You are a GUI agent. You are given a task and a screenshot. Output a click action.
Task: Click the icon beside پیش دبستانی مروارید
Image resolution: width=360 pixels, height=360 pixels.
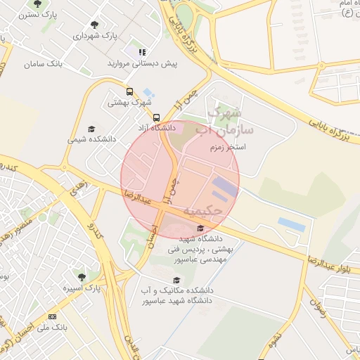click(x=142, y=52)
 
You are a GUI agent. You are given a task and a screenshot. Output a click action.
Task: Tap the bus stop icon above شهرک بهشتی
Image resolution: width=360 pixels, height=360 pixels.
click(x=129, y=91)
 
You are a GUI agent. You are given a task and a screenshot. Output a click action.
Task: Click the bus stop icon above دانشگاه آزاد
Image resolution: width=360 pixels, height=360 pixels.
click(x=156, y=117)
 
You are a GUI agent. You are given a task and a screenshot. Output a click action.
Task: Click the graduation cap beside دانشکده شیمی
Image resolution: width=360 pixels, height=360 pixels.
click(x=91, y=129)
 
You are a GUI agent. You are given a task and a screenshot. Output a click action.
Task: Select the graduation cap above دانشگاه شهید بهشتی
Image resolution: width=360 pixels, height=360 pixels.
click(x=202, y=228)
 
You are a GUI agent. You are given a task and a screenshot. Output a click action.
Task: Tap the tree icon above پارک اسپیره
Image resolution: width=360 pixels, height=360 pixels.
click(x=82, y=277)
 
